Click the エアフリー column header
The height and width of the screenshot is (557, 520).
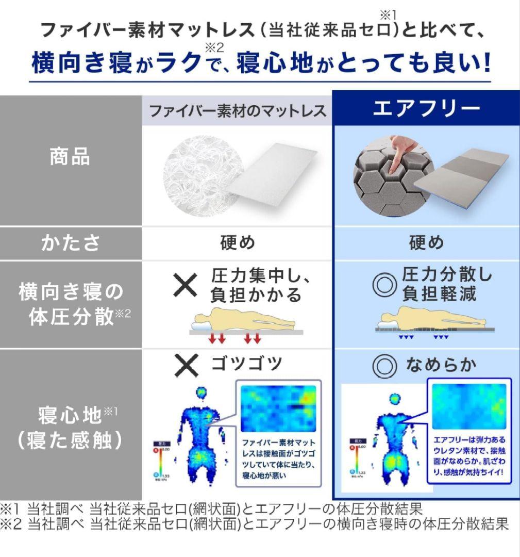click(426, 109)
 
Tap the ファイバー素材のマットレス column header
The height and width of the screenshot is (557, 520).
click(237, 110)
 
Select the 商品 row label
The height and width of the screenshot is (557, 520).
click(70, 156)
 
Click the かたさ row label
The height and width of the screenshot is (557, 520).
click(70, 243)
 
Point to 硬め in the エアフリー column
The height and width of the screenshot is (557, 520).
click(426, 243)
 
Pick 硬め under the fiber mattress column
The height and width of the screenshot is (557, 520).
click(237, 243)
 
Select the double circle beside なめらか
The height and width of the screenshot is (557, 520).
click(384, 366)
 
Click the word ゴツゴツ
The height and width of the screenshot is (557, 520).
click(246, 364)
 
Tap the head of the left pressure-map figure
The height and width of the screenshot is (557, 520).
click(202, 393)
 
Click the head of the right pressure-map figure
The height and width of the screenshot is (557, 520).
click(395, 399)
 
